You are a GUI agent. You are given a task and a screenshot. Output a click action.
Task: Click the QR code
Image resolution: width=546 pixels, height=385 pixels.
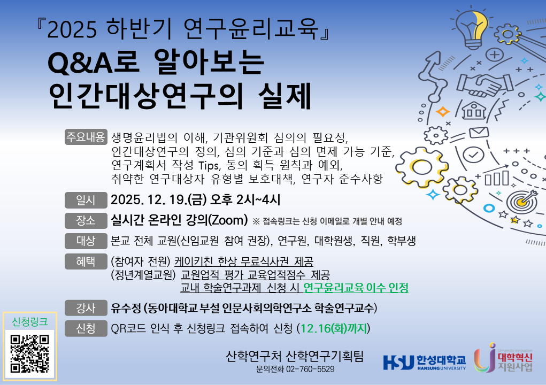pos(29,353)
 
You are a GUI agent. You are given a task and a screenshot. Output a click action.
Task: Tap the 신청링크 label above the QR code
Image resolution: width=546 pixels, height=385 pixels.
pos(29,322)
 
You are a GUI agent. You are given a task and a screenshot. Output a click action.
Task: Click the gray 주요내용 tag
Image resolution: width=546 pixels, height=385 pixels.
pos(86,137)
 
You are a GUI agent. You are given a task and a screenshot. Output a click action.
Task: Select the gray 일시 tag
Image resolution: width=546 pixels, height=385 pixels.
pos(86,200)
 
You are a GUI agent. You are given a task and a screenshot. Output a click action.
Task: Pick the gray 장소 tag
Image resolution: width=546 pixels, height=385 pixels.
pos(86,220)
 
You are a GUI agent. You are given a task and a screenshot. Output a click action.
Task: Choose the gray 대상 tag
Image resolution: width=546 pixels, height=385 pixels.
pos(86,241)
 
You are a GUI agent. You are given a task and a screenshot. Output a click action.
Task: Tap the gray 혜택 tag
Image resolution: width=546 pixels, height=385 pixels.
pos(86,261)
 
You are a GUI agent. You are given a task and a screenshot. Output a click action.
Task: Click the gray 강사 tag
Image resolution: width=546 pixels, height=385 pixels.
pos(86,308)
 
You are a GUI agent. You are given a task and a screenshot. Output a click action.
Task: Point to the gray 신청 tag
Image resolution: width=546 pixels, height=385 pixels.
pos(86,328)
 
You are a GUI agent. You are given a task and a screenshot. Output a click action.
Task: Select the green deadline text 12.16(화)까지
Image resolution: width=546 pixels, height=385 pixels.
pos(334,328)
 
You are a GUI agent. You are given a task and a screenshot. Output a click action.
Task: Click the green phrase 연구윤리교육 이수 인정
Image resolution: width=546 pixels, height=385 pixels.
pos(356,288)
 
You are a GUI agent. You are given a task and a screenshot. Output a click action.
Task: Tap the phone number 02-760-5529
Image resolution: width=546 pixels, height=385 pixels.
pos(310,369)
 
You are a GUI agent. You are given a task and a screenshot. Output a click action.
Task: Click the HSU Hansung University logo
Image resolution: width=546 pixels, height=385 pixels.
pos(424,363)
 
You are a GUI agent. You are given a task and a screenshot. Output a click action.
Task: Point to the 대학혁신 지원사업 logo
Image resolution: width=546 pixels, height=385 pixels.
pos(503,358)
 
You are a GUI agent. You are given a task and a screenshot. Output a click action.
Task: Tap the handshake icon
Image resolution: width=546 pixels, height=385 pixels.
pos(485,85)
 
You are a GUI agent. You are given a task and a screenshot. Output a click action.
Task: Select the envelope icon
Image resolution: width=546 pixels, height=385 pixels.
pos(479,133)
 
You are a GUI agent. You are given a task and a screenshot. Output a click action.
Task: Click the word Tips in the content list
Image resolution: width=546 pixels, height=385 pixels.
pos(209,165)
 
